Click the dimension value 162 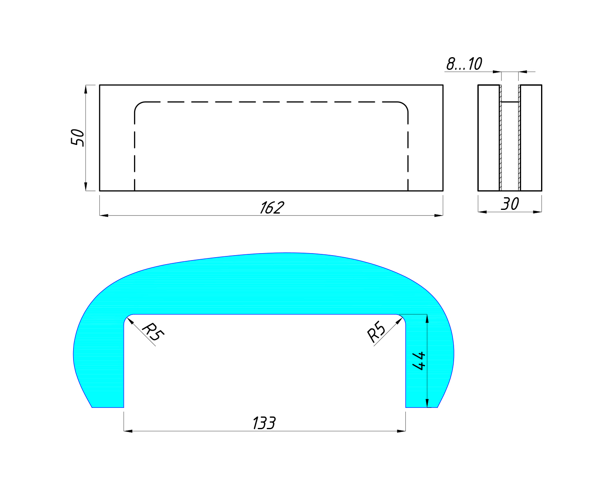pos(272,207)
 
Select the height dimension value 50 pos(78,138)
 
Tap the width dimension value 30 pos(510,204)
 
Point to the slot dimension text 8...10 pos(464,64)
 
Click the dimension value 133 pos(264,423)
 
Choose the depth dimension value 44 pos(419,361)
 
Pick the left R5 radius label pos(153,332)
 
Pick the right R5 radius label pos(376,331)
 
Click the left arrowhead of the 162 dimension pos(104,216)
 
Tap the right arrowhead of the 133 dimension pos(401,431)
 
